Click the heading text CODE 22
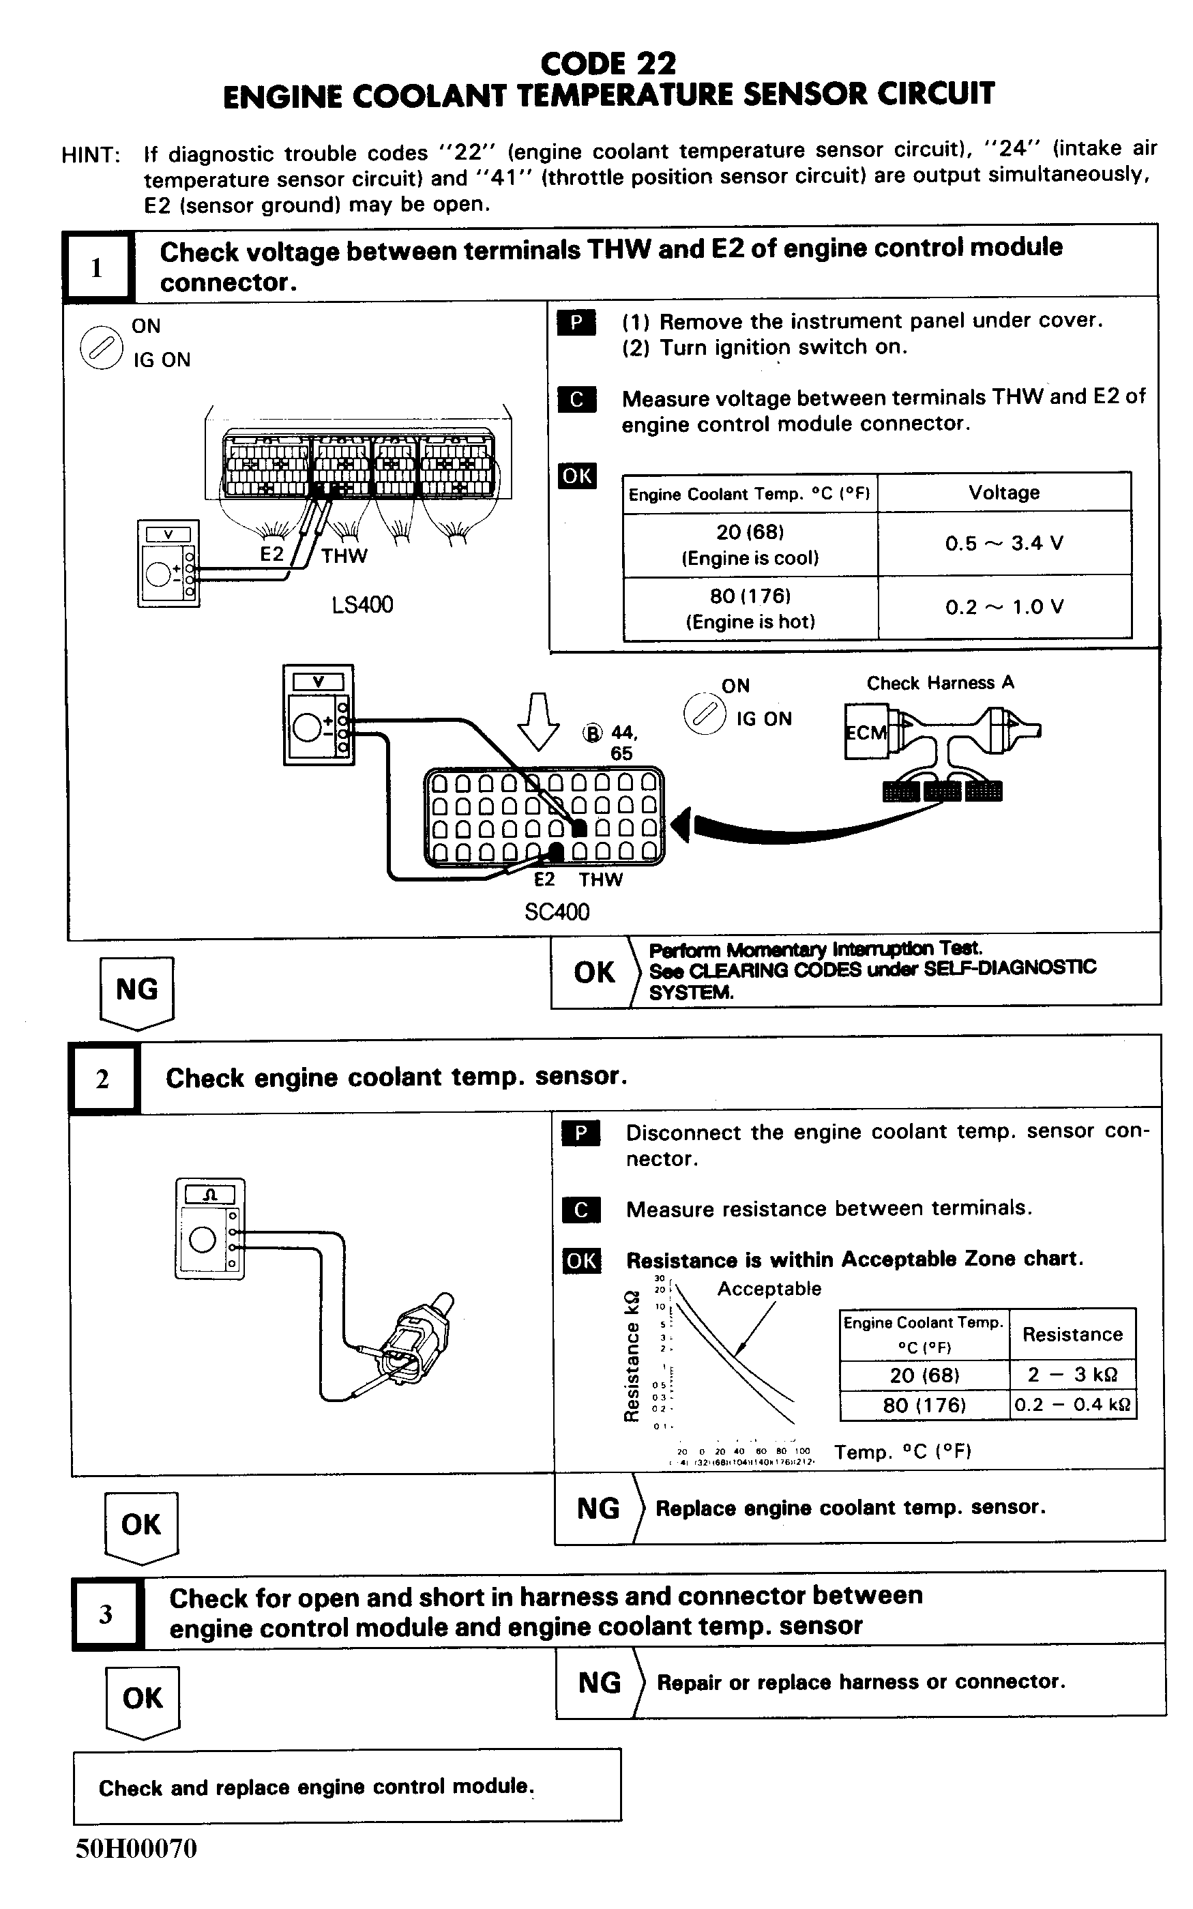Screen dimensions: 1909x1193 tap(608, 63)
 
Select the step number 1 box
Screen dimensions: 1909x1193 tap(97, 268)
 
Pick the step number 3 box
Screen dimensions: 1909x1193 tap(106, 1614)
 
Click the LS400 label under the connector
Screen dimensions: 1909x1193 tap(362, 604)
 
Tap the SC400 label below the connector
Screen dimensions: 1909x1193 tap(557, 912)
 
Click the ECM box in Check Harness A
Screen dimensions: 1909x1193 tap(866, 732)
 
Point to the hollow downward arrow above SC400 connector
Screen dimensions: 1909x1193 tap(538, 720)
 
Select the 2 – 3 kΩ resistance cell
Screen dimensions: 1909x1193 tap(1072, 1374)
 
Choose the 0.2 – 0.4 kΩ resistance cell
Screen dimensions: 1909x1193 tap(1072, 1405)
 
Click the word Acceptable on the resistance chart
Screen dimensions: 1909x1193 tap(769, 1289)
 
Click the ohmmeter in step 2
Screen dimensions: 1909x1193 tap(210, 1228)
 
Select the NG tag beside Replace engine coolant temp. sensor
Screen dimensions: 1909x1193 tap(598, 1508)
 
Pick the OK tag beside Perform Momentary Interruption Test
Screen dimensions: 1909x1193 tap(593, 972)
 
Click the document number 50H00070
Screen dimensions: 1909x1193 tap(136, 1848)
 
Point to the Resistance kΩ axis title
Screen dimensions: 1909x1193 tap(631, 1356)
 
